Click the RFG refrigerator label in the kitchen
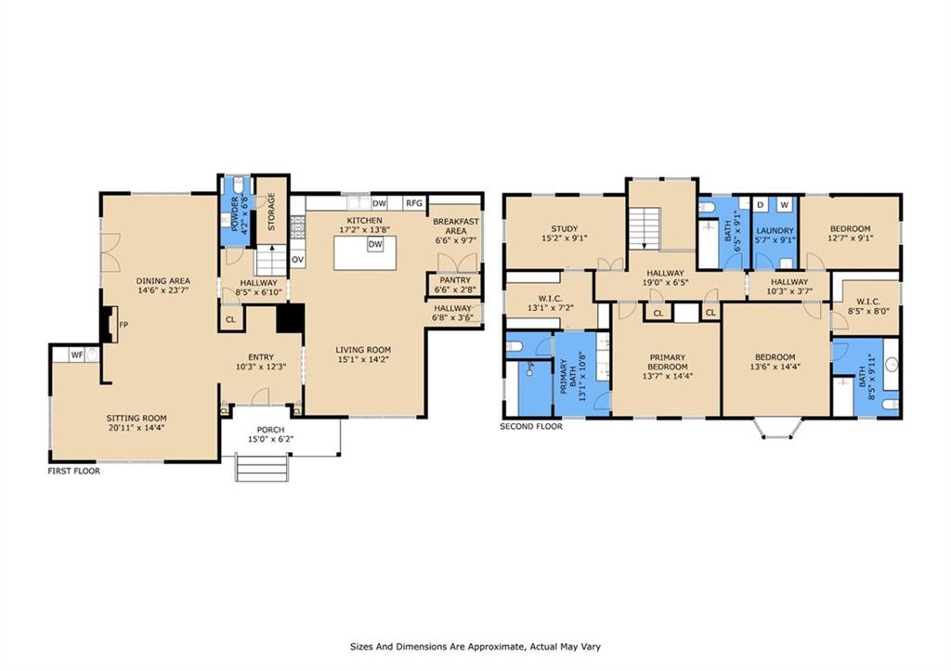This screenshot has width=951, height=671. coord(414,203)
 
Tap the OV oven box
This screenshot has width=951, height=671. coord(297,260)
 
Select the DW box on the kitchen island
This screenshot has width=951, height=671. coord(375,244)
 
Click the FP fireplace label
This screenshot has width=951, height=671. coord(124,325)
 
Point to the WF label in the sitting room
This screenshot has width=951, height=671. coord(77,355)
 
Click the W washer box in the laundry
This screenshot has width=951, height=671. coord(784,204)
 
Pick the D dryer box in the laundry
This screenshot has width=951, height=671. coord(760,204)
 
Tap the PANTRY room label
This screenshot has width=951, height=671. coord(455,280)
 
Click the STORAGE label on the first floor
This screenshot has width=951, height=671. coord(271,212)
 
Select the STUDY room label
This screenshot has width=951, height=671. coord(564,228)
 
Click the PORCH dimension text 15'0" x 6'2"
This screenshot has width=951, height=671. coord(270,439)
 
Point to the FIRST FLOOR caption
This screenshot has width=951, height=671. coord(74,471)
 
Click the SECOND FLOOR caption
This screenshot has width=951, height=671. coord(530,426)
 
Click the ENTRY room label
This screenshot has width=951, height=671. coord(261,357)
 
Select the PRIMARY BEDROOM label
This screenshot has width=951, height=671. coord(667,362)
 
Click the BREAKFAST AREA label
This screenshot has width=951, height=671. coord(456,226)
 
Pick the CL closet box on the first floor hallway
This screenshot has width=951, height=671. coord(230,319)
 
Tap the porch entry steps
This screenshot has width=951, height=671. coord(261,468)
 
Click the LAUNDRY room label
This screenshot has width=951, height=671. coord(775,230)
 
